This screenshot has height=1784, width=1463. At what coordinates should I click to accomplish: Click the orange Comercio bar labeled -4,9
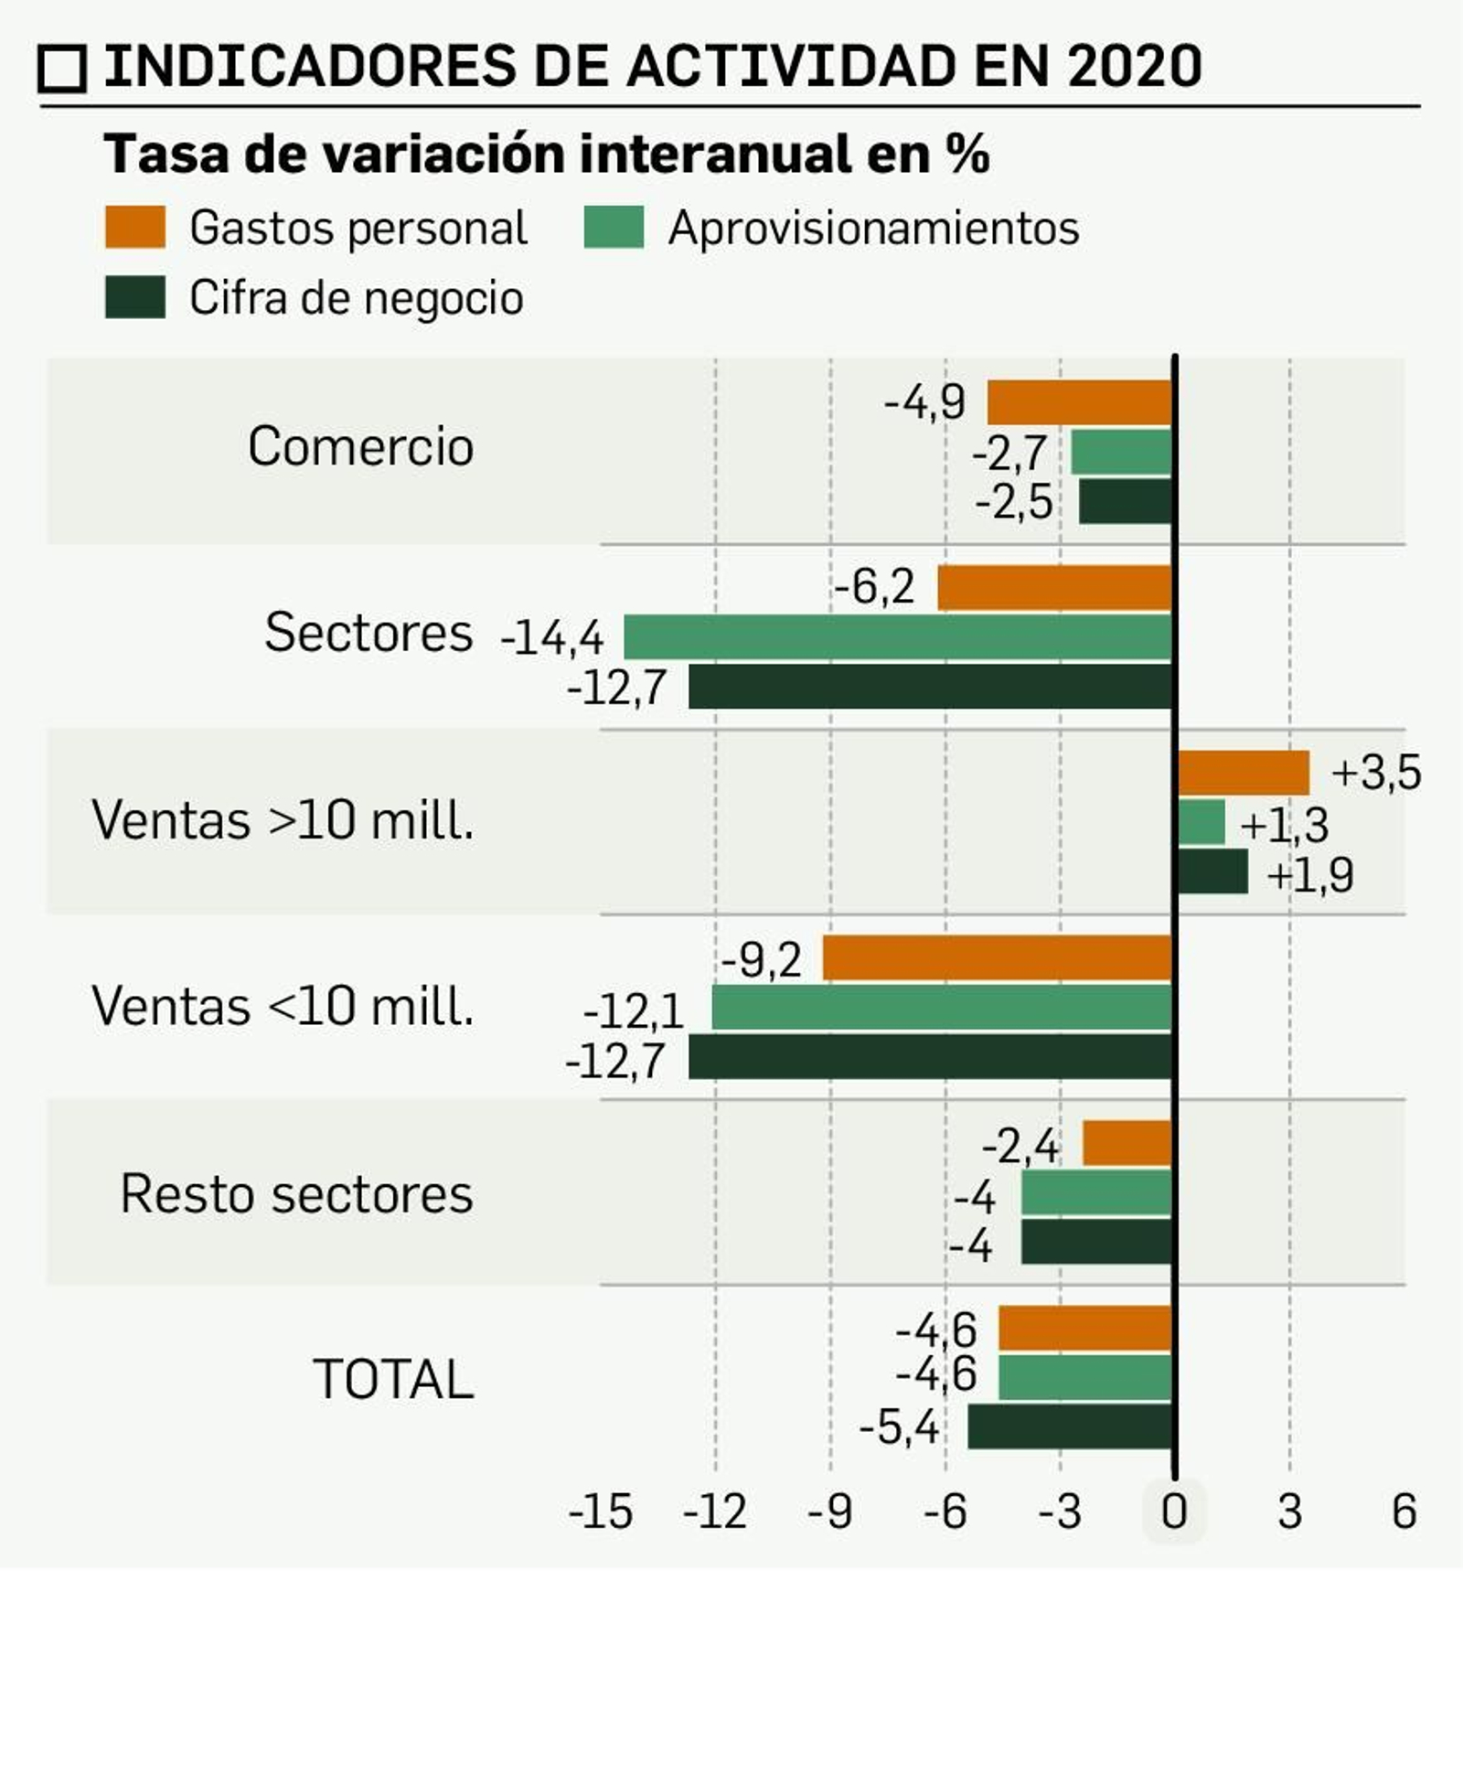1079,402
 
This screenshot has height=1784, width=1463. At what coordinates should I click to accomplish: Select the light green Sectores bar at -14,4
898,636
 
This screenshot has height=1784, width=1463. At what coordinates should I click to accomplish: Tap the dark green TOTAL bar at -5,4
1070,1426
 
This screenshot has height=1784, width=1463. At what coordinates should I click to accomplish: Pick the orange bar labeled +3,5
1244,773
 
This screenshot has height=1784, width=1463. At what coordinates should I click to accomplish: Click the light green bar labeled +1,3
1201,822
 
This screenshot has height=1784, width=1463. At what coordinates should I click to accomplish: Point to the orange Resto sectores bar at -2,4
1127,1143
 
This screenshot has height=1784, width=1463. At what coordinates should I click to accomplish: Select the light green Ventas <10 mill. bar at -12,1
942,1007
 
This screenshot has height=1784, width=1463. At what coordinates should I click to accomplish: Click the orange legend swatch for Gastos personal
135,227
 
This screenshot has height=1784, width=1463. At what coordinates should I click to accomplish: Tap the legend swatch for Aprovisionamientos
614,227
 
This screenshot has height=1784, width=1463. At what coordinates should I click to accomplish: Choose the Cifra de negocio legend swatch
135,297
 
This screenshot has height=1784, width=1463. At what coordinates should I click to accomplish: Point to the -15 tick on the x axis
600,1512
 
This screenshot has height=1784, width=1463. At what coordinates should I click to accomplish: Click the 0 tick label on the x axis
1174,1512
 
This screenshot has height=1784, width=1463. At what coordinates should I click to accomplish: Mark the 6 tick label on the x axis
1404,1512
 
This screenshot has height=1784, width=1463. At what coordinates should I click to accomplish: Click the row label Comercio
360,447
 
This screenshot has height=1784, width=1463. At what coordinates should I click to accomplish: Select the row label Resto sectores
296,1194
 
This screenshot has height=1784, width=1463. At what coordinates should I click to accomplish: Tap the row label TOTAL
393,1379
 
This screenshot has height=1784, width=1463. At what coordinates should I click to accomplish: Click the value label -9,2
762,960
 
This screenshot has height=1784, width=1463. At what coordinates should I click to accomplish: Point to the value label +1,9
1309,876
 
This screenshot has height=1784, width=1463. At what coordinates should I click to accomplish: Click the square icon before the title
62,69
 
